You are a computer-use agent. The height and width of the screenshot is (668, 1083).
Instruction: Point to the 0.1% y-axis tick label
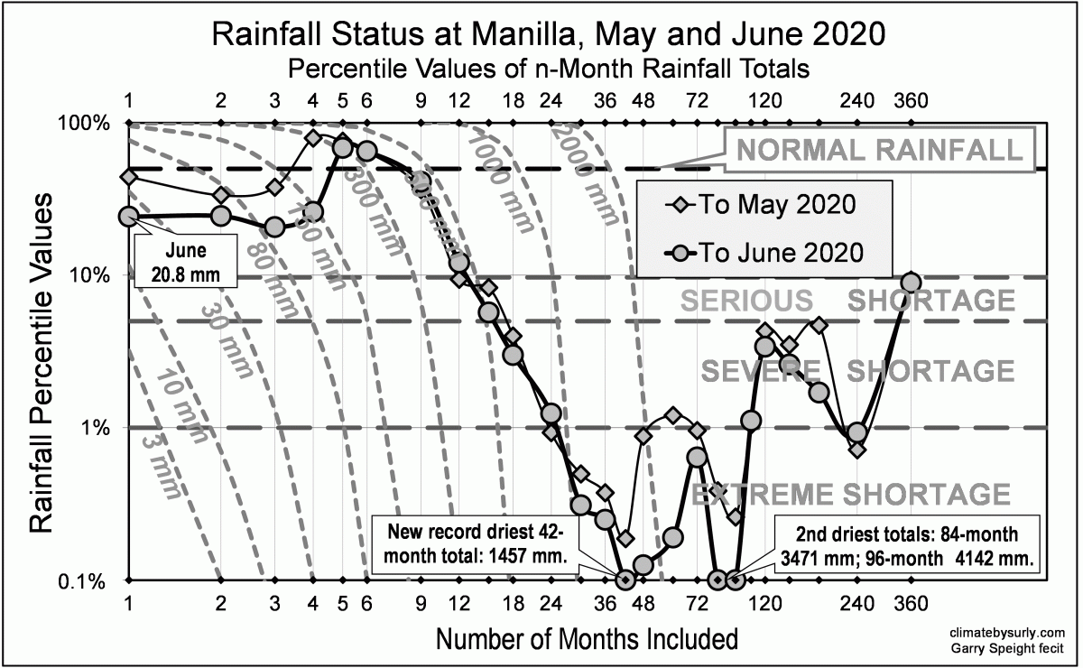[88, 580]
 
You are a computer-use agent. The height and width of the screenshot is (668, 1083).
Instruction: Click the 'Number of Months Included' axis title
[587, 638]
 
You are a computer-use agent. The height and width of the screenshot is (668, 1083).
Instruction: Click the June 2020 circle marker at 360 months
[912, 283]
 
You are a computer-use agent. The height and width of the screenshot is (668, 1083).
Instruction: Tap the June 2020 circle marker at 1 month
[128, 216]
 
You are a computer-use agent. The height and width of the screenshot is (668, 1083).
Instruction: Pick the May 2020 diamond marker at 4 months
[313, 138]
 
